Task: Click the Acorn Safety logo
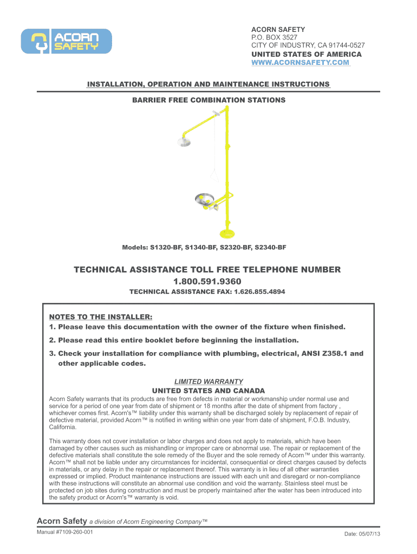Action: point(67,41)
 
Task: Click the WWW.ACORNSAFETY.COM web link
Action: point(300,63)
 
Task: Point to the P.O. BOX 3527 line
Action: point(273,37)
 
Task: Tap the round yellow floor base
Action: point(226,233)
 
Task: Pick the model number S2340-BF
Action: point(268,247)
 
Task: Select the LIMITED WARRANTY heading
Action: point(208,381)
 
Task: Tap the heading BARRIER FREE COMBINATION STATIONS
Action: point(208,100)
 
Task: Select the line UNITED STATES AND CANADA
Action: point(208,391)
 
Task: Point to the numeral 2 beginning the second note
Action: point(51,340)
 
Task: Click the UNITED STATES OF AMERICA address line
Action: point(306,55)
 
